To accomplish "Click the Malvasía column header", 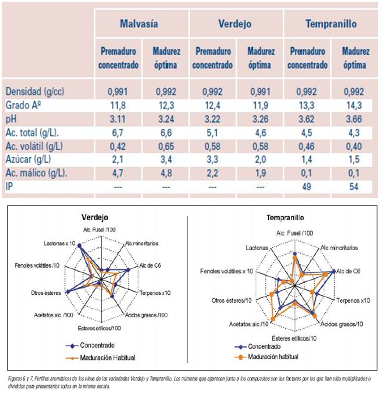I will point(139,24).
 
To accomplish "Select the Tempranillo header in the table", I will point(331,24).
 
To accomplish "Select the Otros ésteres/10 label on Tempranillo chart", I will point(231,300).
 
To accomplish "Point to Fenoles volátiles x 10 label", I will point(226,272).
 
